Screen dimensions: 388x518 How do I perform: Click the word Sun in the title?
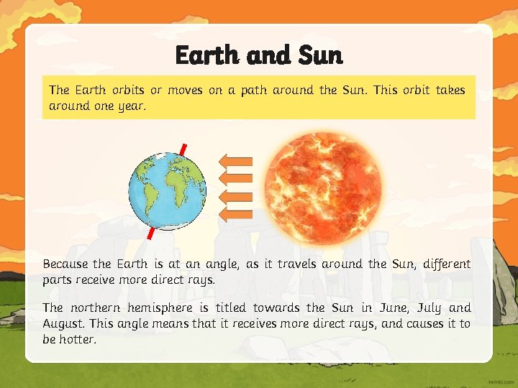tap(318, 55)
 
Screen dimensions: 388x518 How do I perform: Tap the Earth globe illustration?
tap(167, 191)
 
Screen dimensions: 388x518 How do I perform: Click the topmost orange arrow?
tap(235, 160)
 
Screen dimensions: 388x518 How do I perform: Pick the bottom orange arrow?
tap(235, 213)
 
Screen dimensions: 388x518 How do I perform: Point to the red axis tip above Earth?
tap(184, 149)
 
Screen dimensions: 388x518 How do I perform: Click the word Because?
tap(65, 264)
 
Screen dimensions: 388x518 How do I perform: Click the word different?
tap(442, 264)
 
